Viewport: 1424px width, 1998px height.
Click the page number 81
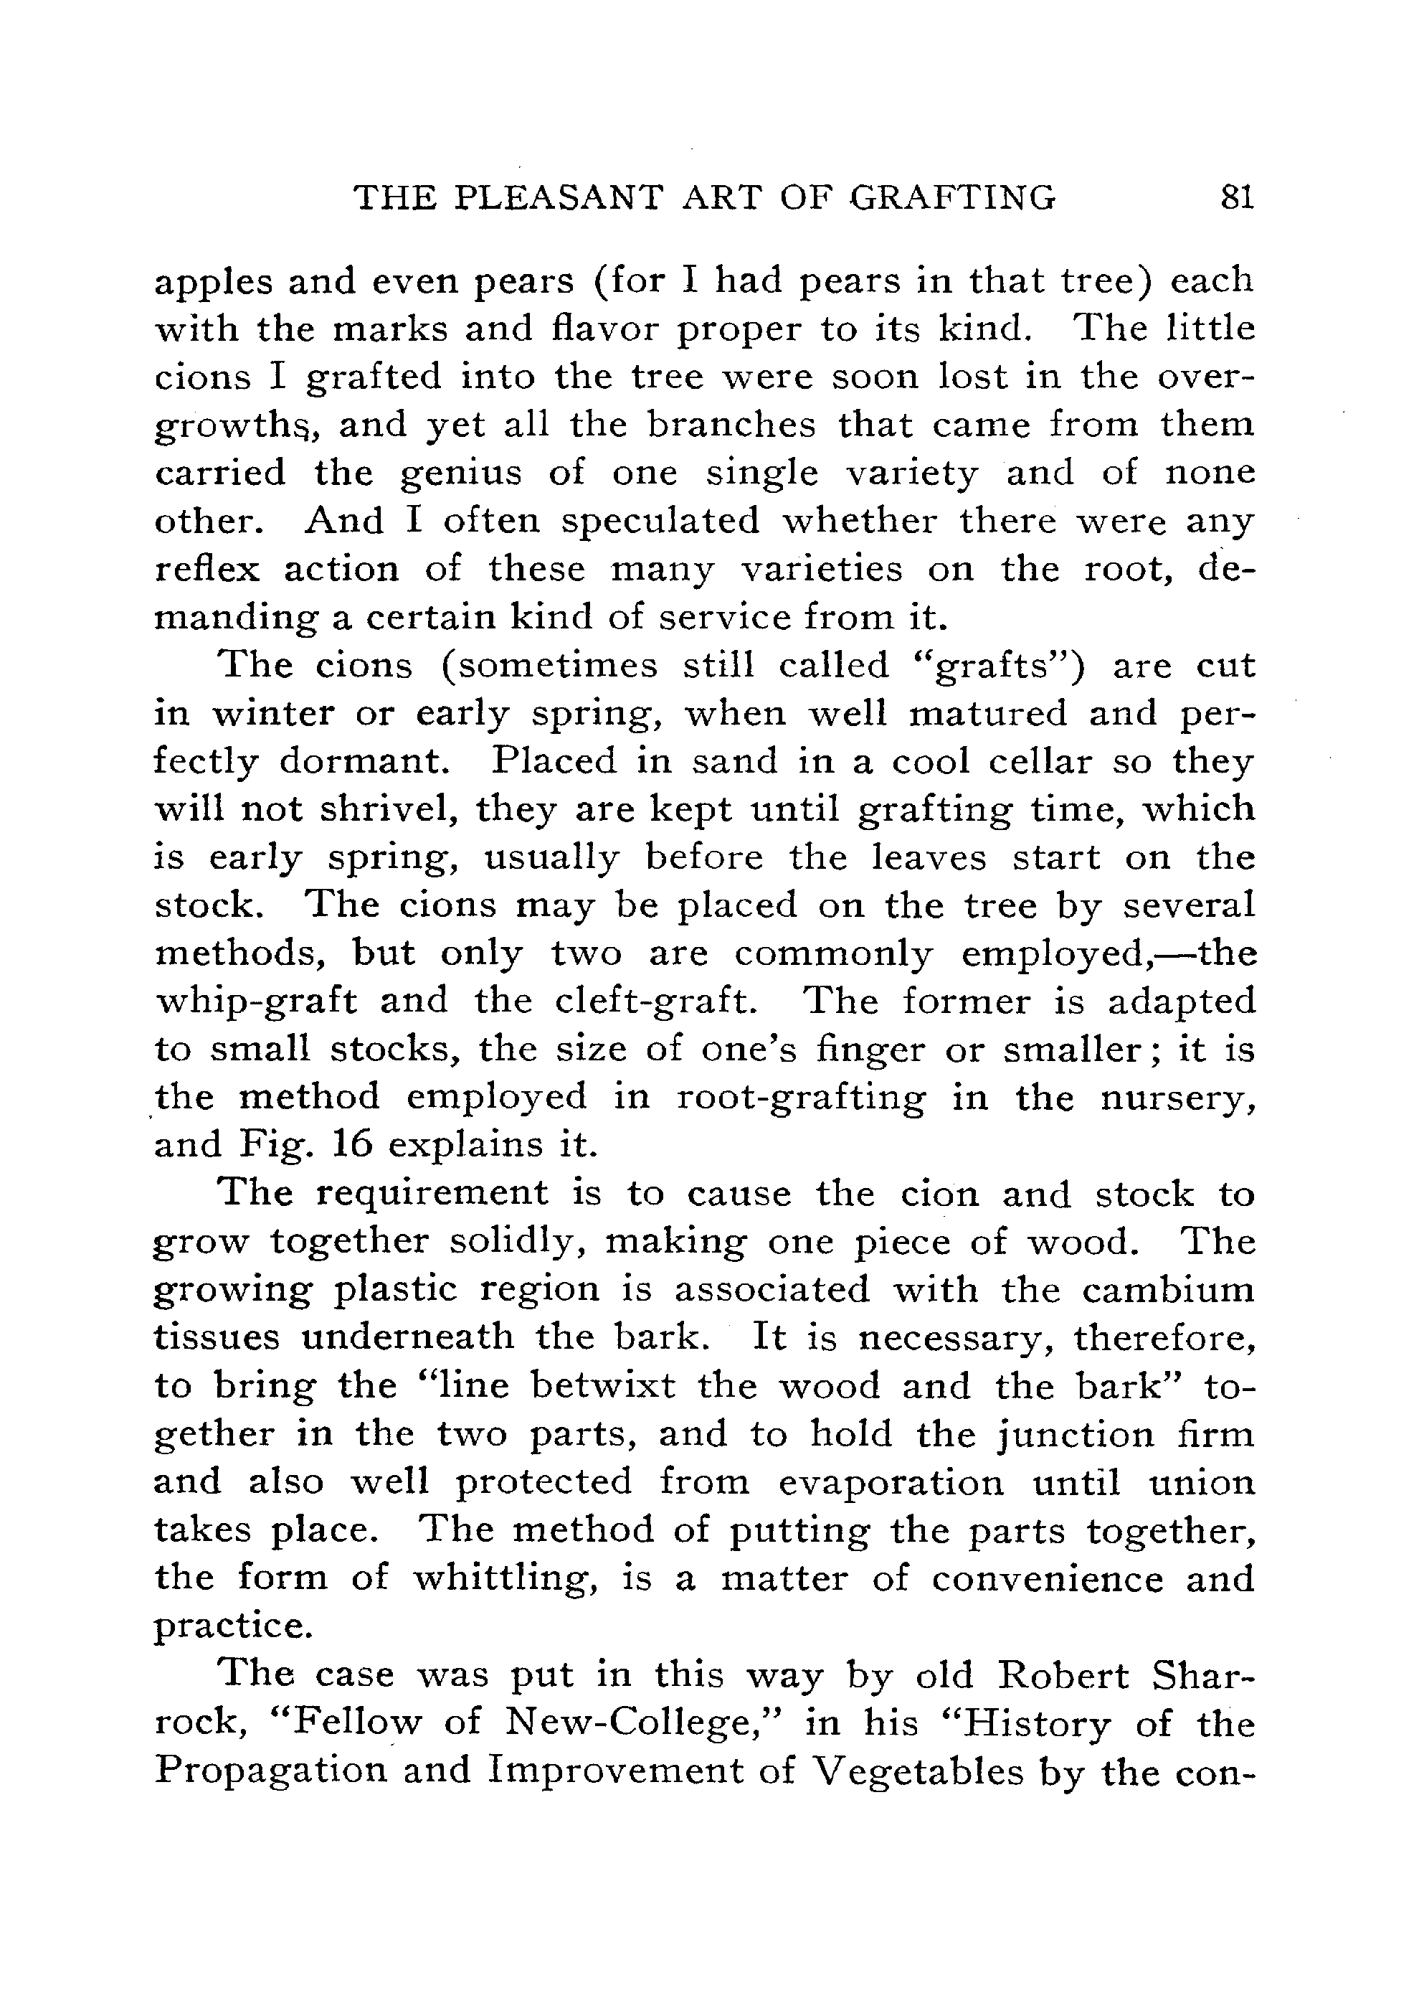coord(1236,197)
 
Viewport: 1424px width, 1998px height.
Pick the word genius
coord(460,473)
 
